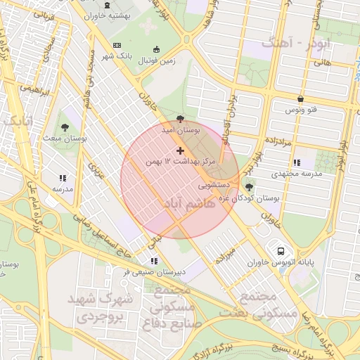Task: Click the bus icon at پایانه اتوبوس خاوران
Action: point(281,250)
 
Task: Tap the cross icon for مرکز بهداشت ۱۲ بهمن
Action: point(181,150)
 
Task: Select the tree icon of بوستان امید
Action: point(182,120)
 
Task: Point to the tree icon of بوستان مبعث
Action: point(65,127)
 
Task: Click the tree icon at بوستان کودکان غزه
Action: point(249,187)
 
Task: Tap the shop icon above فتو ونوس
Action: point(301,99)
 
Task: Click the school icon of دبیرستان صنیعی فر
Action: point(153,260)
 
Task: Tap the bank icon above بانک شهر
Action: point(116,46)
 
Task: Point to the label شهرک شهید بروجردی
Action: point(100,308)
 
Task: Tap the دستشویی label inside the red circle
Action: point(214,186)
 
